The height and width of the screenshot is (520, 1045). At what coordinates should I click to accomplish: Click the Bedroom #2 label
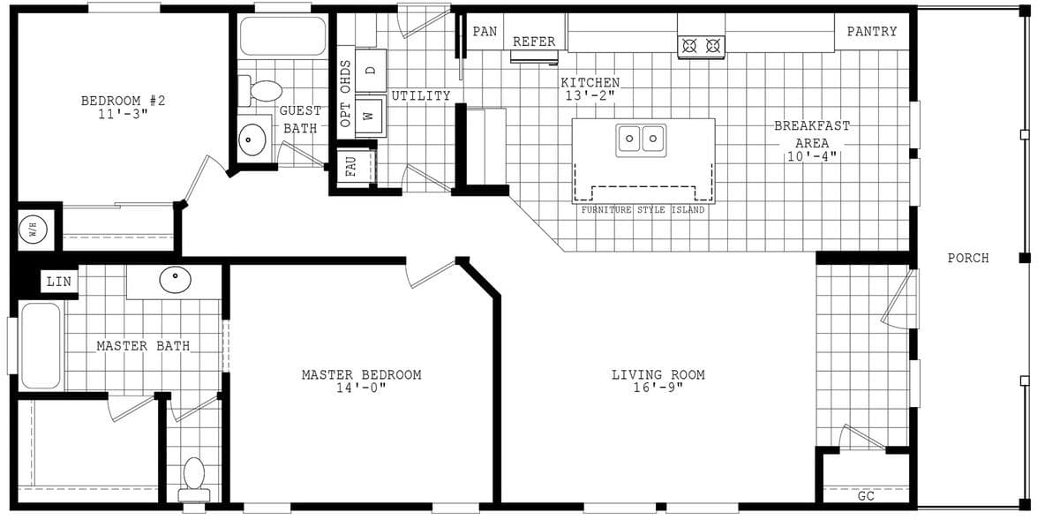[x=123, y=101]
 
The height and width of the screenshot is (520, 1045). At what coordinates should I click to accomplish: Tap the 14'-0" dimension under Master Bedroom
[x=361, y=388]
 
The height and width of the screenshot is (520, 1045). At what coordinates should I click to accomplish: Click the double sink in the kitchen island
[x=642, y=139]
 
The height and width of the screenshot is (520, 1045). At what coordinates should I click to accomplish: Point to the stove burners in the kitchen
[x=701, y=46]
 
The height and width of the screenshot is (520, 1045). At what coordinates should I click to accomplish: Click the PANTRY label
[x=871, y=32]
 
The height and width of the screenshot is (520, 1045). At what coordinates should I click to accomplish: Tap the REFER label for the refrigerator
[x=534, y=41]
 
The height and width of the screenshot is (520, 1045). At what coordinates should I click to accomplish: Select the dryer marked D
[x=371, y=70]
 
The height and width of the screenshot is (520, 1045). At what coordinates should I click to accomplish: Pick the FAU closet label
[x=350, y=166]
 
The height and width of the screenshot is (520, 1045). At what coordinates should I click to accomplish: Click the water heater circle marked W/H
[x=33, y=231]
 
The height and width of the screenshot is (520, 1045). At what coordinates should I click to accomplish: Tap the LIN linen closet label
[x=58, y=282]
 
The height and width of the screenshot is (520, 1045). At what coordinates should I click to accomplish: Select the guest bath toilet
[x=263, y=90]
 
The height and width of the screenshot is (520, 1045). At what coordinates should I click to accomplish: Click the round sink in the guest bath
[x=253, y=138]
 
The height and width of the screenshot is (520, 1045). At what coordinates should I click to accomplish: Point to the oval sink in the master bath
[x=175, y=281]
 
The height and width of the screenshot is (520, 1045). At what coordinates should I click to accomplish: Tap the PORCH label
[x=967, y=259]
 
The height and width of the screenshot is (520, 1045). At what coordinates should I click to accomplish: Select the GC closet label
[x=866, y=496]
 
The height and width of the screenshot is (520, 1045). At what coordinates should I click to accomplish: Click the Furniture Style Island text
[x=643, y=210]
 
